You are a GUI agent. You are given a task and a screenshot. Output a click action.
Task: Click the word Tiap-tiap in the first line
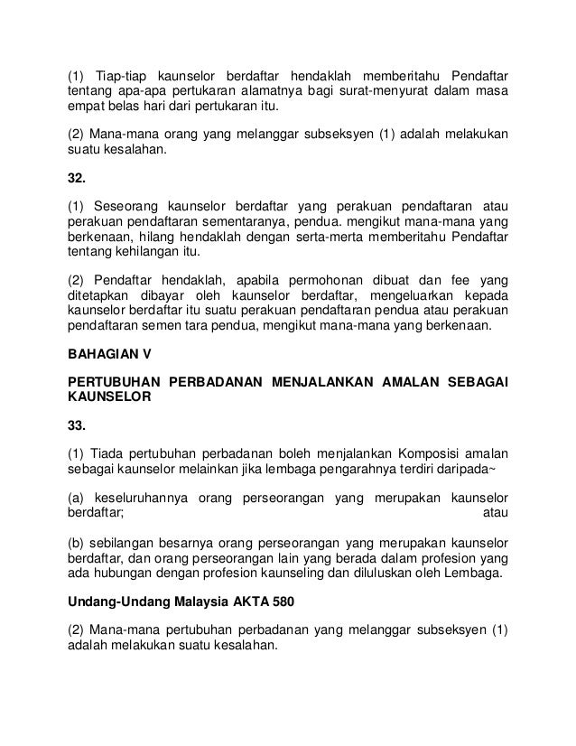click(120, 74)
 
